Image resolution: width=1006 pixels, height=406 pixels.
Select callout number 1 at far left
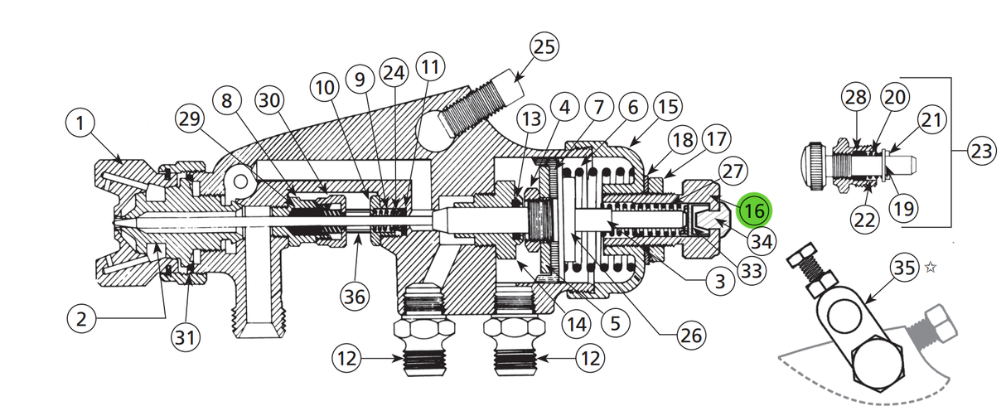point(80,125)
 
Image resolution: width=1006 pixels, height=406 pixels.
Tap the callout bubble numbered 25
point(544,46)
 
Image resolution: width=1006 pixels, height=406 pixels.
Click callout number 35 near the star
point(905,268)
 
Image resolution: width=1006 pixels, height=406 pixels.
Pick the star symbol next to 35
point(931,268)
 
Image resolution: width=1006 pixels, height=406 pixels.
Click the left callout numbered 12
point(348,359)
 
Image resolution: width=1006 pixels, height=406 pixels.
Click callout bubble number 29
point(192,118)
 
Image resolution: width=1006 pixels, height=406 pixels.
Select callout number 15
point(667,107)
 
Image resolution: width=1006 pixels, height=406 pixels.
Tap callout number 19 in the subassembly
point(905,208)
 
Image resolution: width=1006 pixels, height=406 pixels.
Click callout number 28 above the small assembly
point(857,98)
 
